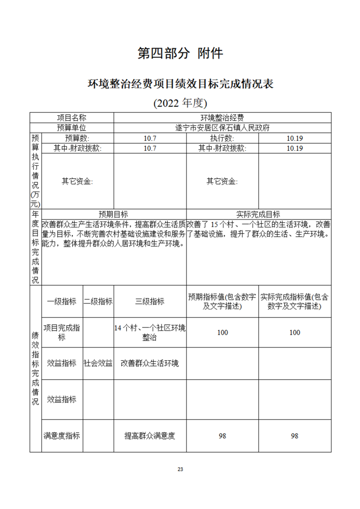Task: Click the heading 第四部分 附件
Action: click(x=180, y=54)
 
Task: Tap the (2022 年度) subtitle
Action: click(x=180, y=103)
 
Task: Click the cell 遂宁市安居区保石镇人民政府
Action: click(x=222, y=128)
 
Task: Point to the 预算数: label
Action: click(x=77, y=138)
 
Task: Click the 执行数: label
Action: click(x=222, y=138)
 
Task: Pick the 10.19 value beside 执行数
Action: click(x=295, y=138)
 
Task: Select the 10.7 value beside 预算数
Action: click(x=150, y=138)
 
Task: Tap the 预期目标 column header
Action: click(x=113, y=214)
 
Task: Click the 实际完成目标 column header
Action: click(x=258, y=214)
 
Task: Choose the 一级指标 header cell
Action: click(x=62, y=302)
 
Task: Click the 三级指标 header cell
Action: click(x=150, y=302)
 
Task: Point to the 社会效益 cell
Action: click(x=98, y=363)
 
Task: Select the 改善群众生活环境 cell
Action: click(x=150, y=363)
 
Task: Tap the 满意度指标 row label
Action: click(x=62, y=436)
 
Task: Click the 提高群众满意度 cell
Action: click(x=150, y=436)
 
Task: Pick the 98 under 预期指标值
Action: click(x=222, y=436)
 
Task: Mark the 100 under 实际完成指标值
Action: click(x=295, y=333)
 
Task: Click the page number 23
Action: click(x=180, y=469)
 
